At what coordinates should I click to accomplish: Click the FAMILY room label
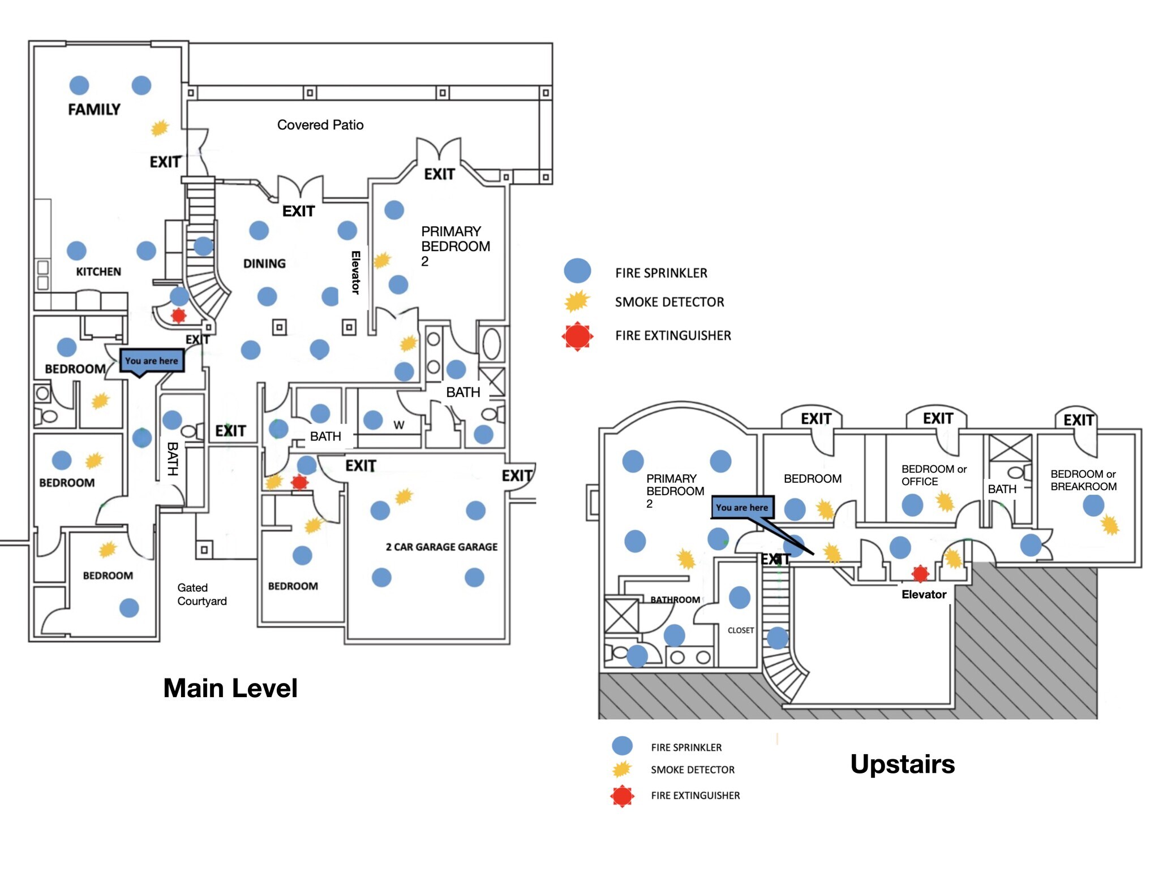click(94, 110)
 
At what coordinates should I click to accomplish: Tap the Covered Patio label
click(320, 125)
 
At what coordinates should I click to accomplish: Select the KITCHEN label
click(98, 272)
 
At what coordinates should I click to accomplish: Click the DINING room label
click(264, 263)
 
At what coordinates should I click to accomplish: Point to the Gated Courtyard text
click(201, 594)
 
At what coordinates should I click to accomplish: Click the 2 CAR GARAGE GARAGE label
click(441, 547)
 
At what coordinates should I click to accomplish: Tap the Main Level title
click(230, 688)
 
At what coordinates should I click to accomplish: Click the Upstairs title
click(902, 764)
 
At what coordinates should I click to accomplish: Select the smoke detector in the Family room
click(160, 128)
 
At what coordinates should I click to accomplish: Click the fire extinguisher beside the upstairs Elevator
click(920, 573)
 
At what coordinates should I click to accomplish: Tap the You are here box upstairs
click(742, 507)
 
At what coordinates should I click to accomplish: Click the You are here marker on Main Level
click(152, 361)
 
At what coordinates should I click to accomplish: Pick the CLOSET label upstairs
click(741, 630)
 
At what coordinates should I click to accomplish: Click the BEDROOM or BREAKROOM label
click(1083, 480)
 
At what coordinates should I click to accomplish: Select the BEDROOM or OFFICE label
click(934, 475)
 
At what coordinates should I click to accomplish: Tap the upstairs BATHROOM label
click(675, 599)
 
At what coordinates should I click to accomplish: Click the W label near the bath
click(399, 425)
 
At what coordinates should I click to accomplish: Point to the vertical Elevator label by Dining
click(355, 273)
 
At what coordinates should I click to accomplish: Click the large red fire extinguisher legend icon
click(577, 336)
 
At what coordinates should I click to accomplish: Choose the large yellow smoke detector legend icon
click(577, 301)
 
